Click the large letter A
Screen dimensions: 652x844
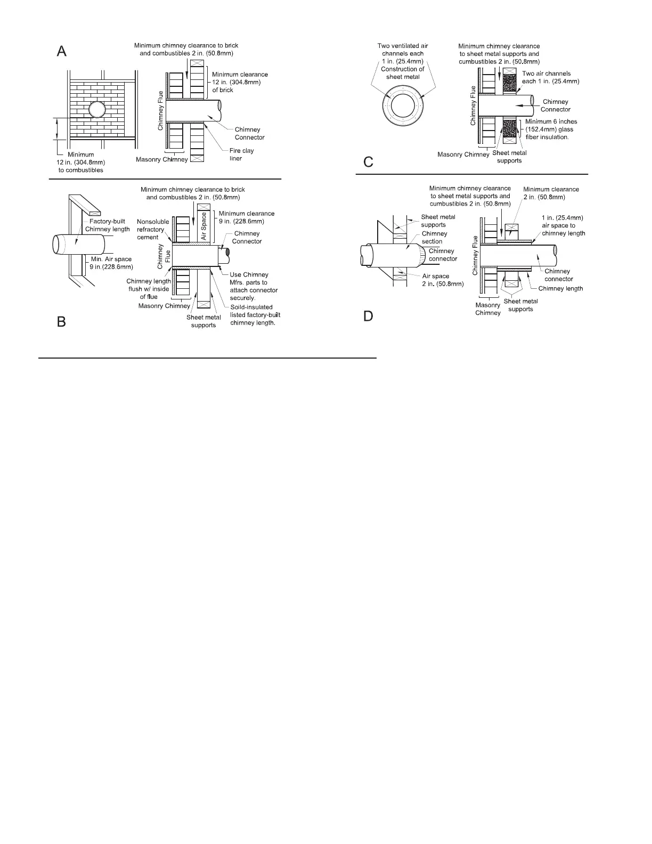(x=62, y=51)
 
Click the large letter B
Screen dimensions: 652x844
(x=62, y=321)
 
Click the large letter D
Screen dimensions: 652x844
(x=368, y=316)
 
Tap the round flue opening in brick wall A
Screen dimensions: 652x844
(x=97, y=110)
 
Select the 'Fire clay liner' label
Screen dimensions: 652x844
(x=241, y=155)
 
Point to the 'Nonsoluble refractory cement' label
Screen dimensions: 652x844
(x=153, y=229)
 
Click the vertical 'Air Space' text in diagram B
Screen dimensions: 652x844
(x=203, y=226)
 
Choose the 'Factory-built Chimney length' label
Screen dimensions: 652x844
(x=107, y=225)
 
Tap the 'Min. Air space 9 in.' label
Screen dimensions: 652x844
(x=111, y=263)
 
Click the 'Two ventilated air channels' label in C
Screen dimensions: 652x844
(x=403, y=61)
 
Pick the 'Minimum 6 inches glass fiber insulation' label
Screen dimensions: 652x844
(x=551, y=129)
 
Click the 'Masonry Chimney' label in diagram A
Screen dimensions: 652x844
(x=162, y=159)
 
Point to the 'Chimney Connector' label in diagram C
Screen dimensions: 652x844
(x=555, y=106)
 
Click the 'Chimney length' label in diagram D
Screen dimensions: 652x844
(x=560, y=288)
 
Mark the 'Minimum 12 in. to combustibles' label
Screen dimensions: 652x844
(x=81, y=162)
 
